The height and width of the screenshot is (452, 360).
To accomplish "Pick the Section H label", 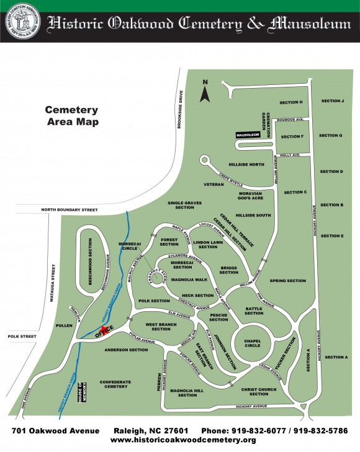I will pos(290,102).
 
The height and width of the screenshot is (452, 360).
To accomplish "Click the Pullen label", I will pos(64,325).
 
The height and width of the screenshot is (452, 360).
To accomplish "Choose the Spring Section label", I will pos(287,281).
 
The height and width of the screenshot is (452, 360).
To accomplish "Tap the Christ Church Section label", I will pos(259,391).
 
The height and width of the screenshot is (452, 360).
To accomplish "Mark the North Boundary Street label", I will pos(70,210).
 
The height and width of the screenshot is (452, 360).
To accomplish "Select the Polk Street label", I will pos(19,336).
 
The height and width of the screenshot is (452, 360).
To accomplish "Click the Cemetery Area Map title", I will pos(72,115).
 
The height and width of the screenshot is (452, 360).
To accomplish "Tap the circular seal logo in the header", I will pos(20,22).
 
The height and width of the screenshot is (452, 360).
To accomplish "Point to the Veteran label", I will pos(213,185).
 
